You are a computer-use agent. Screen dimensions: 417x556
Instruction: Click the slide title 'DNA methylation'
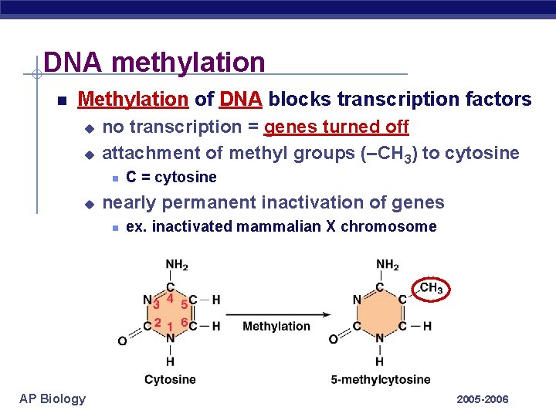pos(154,62)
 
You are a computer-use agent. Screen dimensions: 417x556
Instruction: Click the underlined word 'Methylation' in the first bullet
pos(133,100)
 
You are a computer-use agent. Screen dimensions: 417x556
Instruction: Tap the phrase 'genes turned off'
pos(336,127)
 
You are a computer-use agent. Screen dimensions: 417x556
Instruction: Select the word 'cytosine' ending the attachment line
pos(483,153)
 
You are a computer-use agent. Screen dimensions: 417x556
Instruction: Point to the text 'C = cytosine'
pos(171,178)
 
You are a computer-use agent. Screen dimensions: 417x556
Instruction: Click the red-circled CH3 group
pos(431,289)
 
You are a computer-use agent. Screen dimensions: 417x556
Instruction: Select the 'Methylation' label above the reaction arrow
pos(276,327)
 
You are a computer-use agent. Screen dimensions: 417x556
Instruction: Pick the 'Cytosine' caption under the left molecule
pos(170,379)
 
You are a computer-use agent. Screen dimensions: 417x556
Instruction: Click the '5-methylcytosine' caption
pos(380,379)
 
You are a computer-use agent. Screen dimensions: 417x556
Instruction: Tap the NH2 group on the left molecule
pos(177,265)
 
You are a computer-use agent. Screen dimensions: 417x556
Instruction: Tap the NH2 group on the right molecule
pos(387,265)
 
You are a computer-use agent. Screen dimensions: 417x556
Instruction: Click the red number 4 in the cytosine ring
pos(169,298)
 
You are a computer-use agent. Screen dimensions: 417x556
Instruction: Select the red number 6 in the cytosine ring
pos(185,321)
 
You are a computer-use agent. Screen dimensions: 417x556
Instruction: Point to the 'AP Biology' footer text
pos(53,398)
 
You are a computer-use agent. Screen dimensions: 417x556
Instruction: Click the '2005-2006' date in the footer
pos(483,399)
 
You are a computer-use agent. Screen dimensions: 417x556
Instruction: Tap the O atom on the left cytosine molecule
pos(122,341)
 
